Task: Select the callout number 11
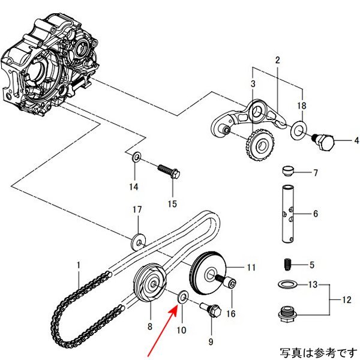pyautogui.click(x=250, y=266)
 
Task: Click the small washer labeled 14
pyautogui.click(x=136, y=157)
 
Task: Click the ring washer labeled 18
pyautogui.click(x=297, y=130)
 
